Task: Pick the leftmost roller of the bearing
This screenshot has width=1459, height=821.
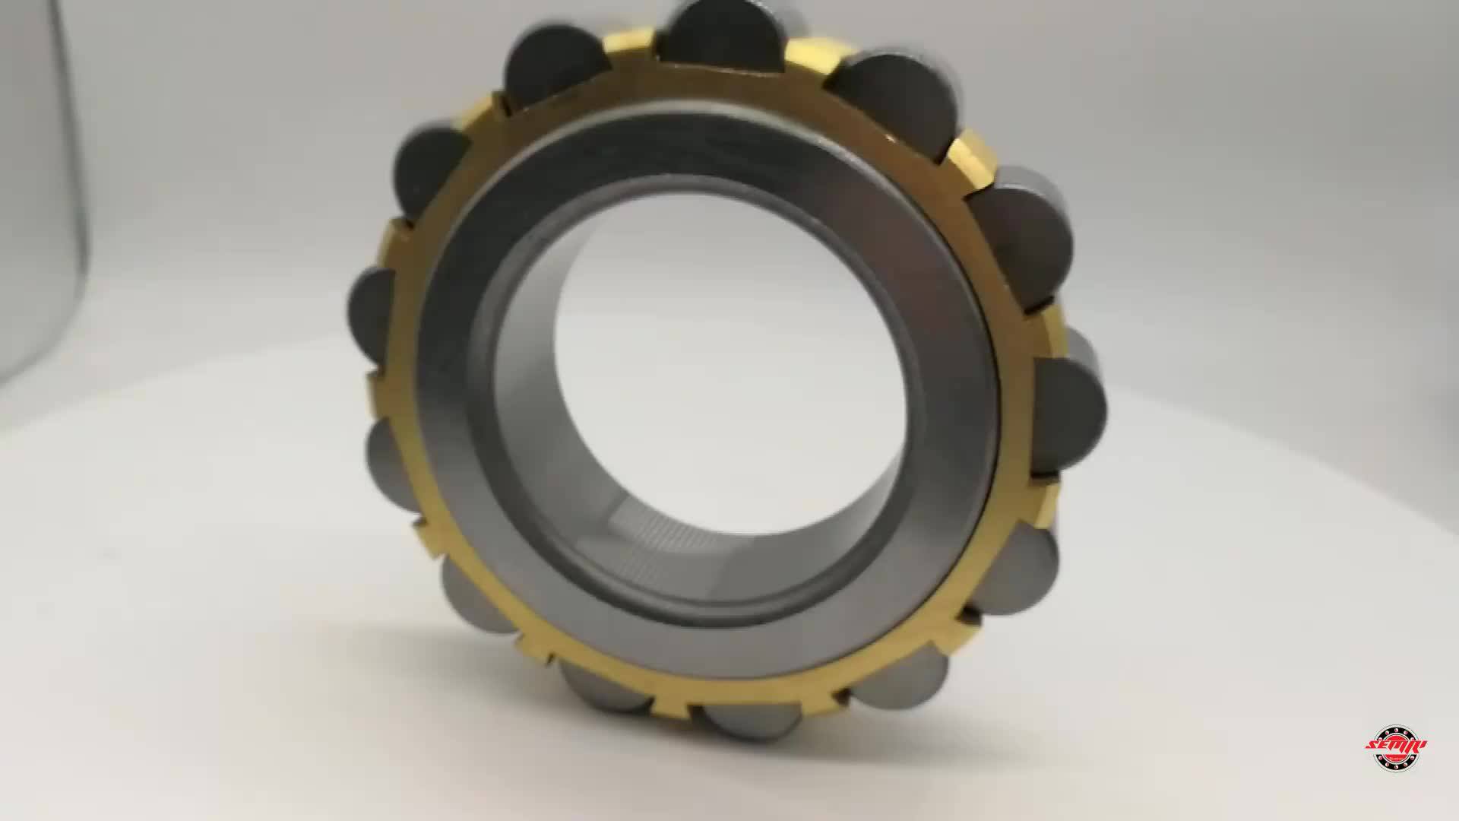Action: coord(370,315)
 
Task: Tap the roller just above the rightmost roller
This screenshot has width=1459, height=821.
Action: coord(1022,236)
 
